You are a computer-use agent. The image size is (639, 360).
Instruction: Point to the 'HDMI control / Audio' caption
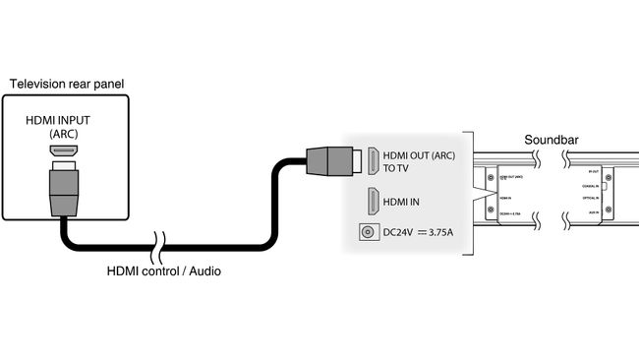(x=163, y=270)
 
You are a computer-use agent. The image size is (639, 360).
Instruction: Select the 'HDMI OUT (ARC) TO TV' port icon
(x=373, y=160)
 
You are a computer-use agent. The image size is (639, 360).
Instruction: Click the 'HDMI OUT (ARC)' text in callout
(x=417, y=154)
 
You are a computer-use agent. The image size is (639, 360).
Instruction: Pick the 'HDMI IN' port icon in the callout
(x=373, y=202)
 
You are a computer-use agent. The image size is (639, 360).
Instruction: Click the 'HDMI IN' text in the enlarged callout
(x=400, y=202)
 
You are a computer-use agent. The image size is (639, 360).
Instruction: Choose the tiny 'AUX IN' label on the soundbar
(x=591, y=213)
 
